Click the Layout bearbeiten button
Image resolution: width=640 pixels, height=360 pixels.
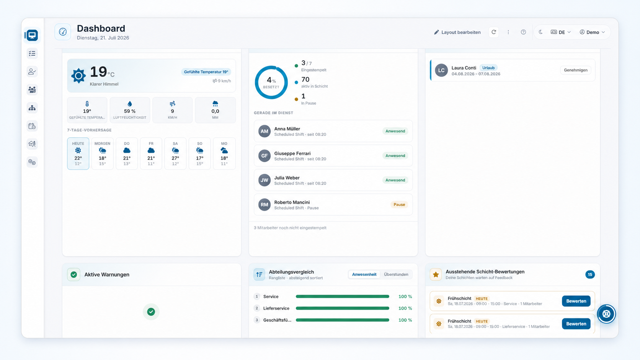coord(457,32)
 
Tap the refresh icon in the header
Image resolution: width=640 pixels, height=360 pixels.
coord(494,32)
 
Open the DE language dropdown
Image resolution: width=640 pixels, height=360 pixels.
coord(560,32)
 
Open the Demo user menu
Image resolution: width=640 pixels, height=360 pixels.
coord(592,32)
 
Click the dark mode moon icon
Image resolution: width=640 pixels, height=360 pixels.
coord(540,32)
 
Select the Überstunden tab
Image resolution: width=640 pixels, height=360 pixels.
coord(396,274)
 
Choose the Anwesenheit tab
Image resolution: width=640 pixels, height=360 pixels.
coord(364,274)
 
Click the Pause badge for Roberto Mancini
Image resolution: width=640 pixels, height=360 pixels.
coord(399,204)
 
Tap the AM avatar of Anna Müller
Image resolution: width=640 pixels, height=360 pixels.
coord(264,131)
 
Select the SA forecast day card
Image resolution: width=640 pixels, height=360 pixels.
coord(175,153)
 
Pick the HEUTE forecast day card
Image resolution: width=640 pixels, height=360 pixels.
coord(78,153)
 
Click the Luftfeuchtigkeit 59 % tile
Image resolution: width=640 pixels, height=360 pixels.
coord(130,110)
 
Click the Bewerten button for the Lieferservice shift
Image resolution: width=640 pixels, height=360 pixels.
coord(576,324)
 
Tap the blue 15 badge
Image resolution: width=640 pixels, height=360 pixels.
coord(590,274)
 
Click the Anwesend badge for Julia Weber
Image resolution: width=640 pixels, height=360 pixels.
coord(395,180)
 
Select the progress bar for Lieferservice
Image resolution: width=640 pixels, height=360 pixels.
coord(342,308)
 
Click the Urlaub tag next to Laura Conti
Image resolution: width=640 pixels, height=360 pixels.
coord(488,68)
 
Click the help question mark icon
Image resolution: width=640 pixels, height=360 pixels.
coord(523,32)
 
